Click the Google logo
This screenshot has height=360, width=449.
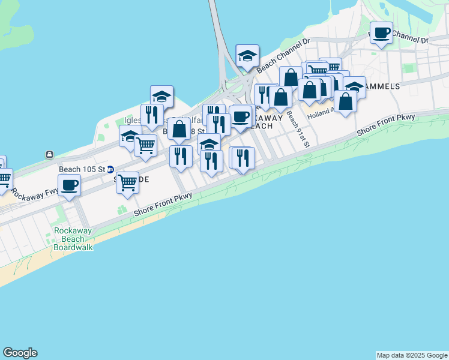tap(20, 353)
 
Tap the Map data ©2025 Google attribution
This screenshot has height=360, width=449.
tap(412, 355)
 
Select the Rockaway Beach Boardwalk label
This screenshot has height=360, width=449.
tap(73, 239)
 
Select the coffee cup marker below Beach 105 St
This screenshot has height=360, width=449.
tap(70, 185)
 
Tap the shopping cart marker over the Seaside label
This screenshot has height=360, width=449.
tap(127, 182)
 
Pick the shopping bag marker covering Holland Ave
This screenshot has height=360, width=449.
tap(345, 101)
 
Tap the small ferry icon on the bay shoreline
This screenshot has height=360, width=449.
tap(49, 154)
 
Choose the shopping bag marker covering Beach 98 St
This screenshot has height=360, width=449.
tap(179, 128)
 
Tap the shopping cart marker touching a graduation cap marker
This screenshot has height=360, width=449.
tap(145, 145)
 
